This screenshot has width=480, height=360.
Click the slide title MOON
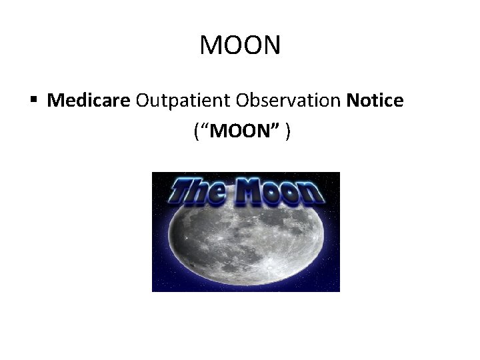point(240,46)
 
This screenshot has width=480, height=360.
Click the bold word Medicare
point(89,101)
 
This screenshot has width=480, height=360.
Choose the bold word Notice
point(375,101)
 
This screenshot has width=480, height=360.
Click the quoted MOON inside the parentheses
point(239,132)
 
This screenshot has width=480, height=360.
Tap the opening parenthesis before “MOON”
point(196,132)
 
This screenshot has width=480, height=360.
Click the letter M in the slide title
point(211,46)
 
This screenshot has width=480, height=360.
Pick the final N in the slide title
point(272,46)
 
